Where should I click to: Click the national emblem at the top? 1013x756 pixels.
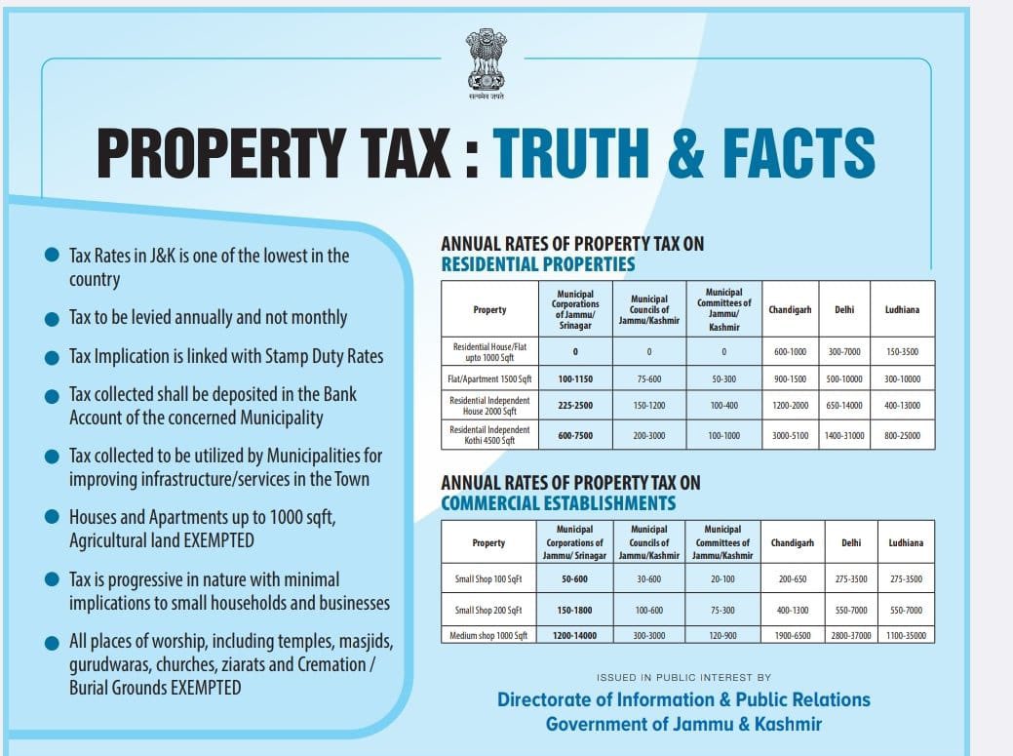[x=486, y=64]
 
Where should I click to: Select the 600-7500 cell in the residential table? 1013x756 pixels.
[x=575, y=435]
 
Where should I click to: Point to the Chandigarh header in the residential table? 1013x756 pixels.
[x=790, y=309]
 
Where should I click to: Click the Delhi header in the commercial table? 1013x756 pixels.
[x=851, y=542]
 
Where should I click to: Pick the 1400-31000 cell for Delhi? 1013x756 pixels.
[x=843, y=435]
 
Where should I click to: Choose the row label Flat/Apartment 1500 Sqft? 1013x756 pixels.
[x=489, y=378]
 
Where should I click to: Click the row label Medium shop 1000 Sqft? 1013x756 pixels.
[x=488, y=635]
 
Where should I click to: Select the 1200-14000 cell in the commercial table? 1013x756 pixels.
[x=574, y=635]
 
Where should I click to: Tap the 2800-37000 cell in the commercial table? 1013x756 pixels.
[x=851, y=635]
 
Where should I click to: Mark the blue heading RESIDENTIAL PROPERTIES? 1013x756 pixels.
[x=538, y=264]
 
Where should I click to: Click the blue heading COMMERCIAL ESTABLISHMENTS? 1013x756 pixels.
[x=559, y=503]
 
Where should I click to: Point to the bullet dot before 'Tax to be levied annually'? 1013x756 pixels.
[x=52, y=319]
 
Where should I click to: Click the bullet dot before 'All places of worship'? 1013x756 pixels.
[x=52, y=644]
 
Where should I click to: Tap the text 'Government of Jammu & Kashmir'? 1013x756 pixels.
[x=683, y=724]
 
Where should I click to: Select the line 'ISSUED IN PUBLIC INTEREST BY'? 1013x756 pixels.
[x=683, y=677]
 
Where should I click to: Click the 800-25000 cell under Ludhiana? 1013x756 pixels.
[x=902, y=435]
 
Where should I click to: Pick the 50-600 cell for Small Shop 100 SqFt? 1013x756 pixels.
[x=574, y=579]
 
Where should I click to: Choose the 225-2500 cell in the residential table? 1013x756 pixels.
[x=575, y=405]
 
